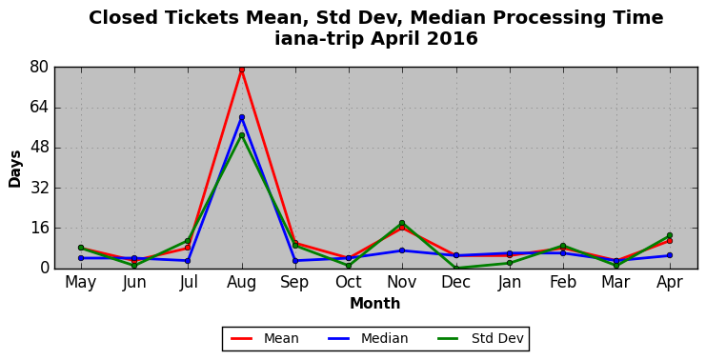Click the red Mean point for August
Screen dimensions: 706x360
(242, 70)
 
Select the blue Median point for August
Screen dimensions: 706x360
(242, 117)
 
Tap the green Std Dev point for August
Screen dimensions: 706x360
(242, 135)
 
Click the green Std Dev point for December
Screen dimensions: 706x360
(456, 269)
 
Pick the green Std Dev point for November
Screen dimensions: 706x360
(402, 223)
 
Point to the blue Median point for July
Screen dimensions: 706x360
(188, 261)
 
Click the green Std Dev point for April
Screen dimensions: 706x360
(670, 235)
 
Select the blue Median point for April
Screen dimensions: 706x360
(670, 255)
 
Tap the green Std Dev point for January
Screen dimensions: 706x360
(510, 263)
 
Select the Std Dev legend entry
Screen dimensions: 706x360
(480, 338)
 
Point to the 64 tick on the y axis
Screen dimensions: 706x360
(39, 108)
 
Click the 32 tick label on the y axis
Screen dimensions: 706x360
(39, 188)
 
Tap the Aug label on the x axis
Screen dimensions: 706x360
(242, 283)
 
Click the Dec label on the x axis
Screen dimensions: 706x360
(456, 283)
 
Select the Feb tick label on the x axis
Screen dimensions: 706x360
(563, 283)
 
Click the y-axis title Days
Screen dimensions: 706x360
(15, 169)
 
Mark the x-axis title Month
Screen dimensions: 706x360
(375, 304)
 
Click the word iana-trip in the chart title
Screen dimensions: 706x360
(319, 39)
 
